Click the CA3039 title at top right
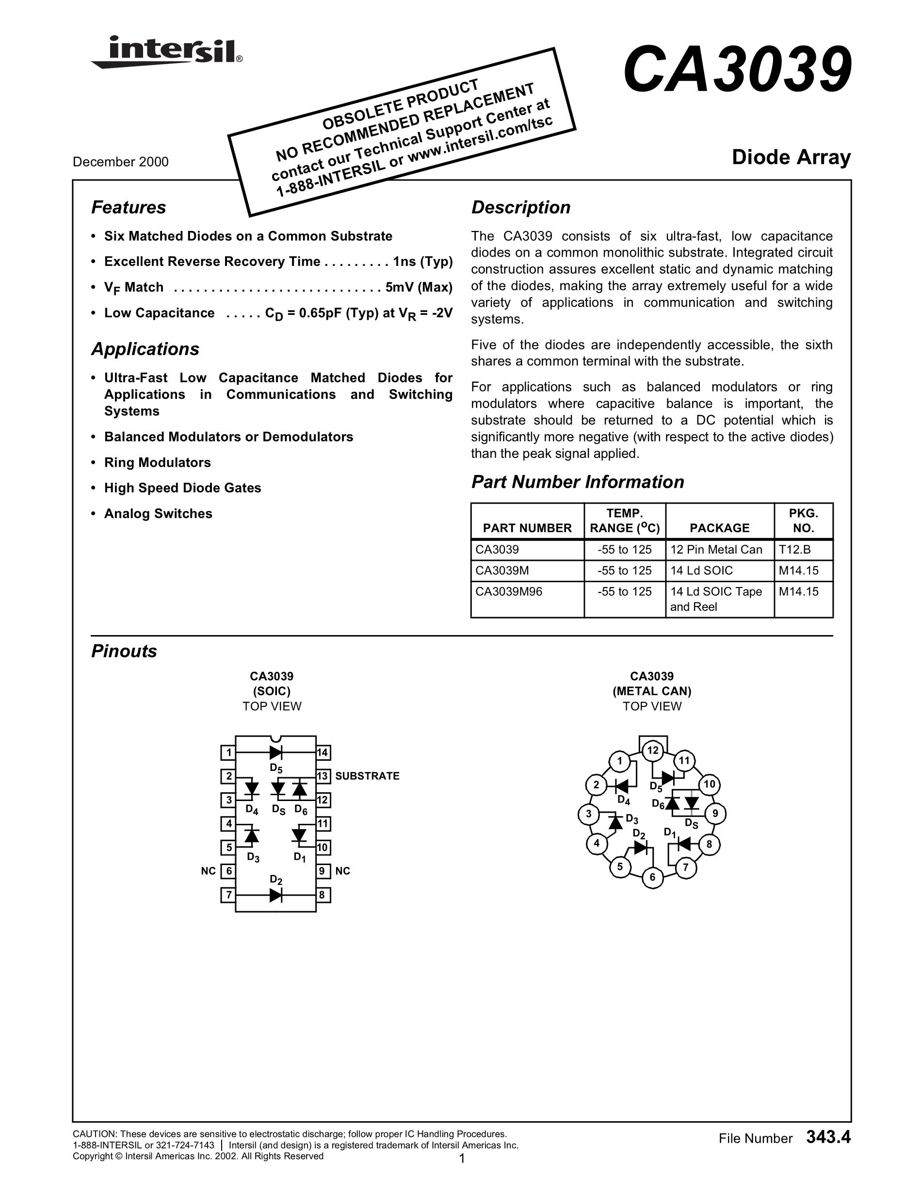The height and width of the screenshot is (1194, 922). (737, 70)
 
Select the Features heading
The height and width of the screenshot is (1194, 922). (129, 208)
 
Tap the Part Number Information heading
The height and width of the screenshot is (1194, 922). (577, 482)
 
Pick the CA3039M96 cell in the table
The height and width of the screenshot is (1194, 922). (508, 591)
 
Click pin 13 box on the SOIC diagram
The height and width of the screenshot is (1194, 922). (323, 776)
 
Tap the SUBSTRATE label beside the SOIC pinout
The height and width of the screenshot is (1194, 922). (367, 776)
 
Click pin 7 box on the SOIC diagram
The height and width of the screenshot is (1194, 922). (228, 895)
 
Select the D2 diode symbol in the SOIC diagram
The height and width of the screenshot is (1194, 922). (276, 895)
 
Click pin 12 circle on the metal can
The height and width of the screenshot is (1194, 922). (653, 751)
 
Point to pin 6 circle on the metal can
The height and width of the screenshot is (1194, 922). (652, 878)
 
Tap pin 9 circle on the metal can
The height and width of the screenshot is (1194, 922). (715, 814)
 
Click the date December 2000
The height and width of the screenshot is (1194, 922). (121, 162)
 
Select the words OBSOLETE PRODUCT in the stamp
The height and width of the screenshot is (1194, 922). (401, 103)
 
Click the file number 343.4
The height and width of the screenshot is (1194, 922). (828, 1138)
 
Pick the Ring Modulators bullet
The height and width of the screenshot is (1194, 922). (158, 462)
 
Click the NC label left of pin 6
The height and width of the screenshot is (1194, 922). (208, 871)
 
